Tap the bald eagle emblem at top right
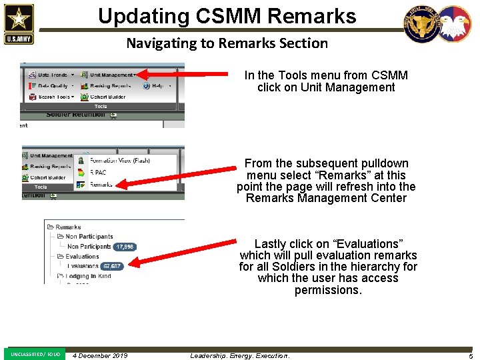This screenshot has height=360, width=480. [454, 25]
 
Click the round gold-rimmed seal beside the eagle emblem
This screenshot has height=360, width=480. [421, 25]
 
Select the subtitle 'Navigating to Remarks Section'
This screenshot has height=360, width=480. [227, 43]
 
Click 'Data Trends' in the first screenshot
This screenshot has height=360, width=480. [52, 75]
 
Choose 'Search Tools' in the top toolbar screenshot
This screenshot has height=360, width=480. [53, 97]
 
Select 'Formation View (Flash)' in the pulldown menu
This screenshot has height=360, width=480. [120, 160]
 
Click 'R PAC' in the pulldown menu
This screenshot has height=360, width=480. [99, 172]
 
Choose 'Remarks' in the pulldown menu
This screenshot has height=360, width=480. [101, 185]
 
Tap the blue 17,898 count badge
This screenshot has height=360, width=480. [125, 247]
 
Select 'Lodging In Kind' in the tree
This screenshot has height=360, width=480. [89, 276]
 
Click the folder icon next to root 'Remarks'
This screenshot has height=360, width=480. [50, 227]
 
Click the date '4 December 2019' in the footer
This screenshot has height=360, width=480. [100, 355]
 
